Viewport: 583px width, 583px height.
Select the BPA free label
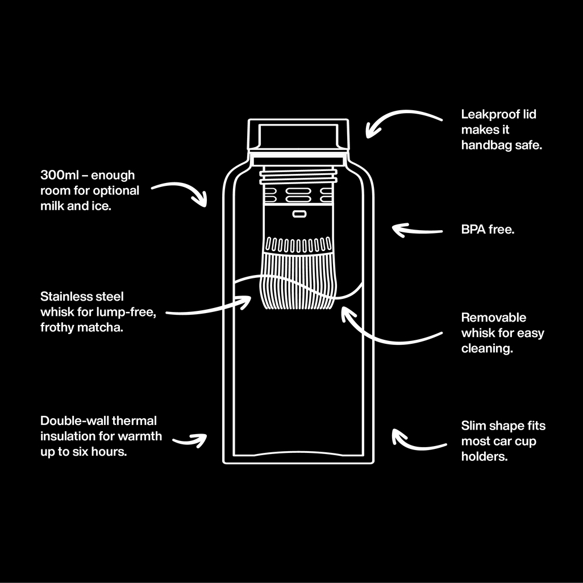click(x=488, y=231)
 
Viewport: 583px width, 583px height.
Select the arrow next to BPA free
click(x=417, y=230)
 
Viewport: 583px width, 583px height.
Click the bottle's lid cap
click(x=298, y=135)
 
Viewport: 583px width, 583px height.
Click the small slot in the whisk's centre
click(x=298, y=214)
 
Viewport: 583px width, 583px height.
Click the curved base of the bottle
click(x=298, y=455)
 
